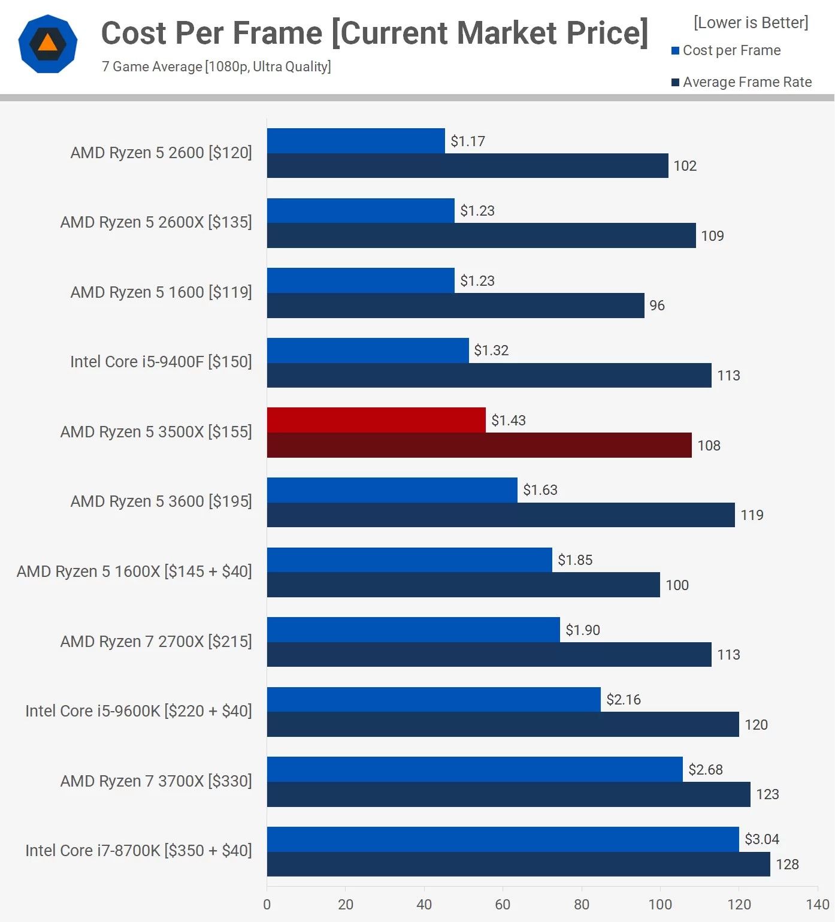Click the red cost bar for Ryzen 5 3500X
(376, 420)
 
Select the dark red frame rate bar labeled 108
(479, 445)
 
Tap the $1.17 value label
(468, 141)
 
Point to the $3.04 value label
(761, 839)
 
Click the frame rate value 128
(787, 864)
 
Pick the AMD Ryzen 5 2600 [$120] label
(161, 153)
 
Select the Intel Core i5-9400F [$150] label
(161, 362)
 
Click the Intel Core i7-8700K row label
(138, 851)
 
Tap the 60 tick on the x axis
(503, 905)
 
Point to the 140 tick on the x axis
(818, 905)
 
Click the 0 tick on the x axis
(267, 905)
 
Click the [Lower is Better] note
(751, 23)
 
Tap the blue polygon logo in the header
(48, 44)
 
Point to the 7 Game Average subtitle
(216, 66)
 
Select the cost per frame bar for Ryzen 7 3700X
(474, 769)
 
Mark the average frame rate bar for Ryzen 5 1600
(455, 306)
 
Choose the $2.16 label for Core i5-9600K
(623, 700)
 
